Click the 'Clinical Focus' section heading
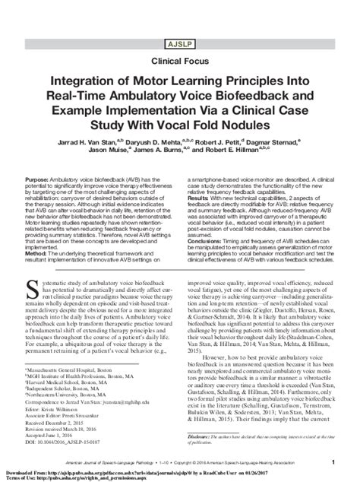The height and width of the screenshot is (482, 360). coord(179,56)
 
